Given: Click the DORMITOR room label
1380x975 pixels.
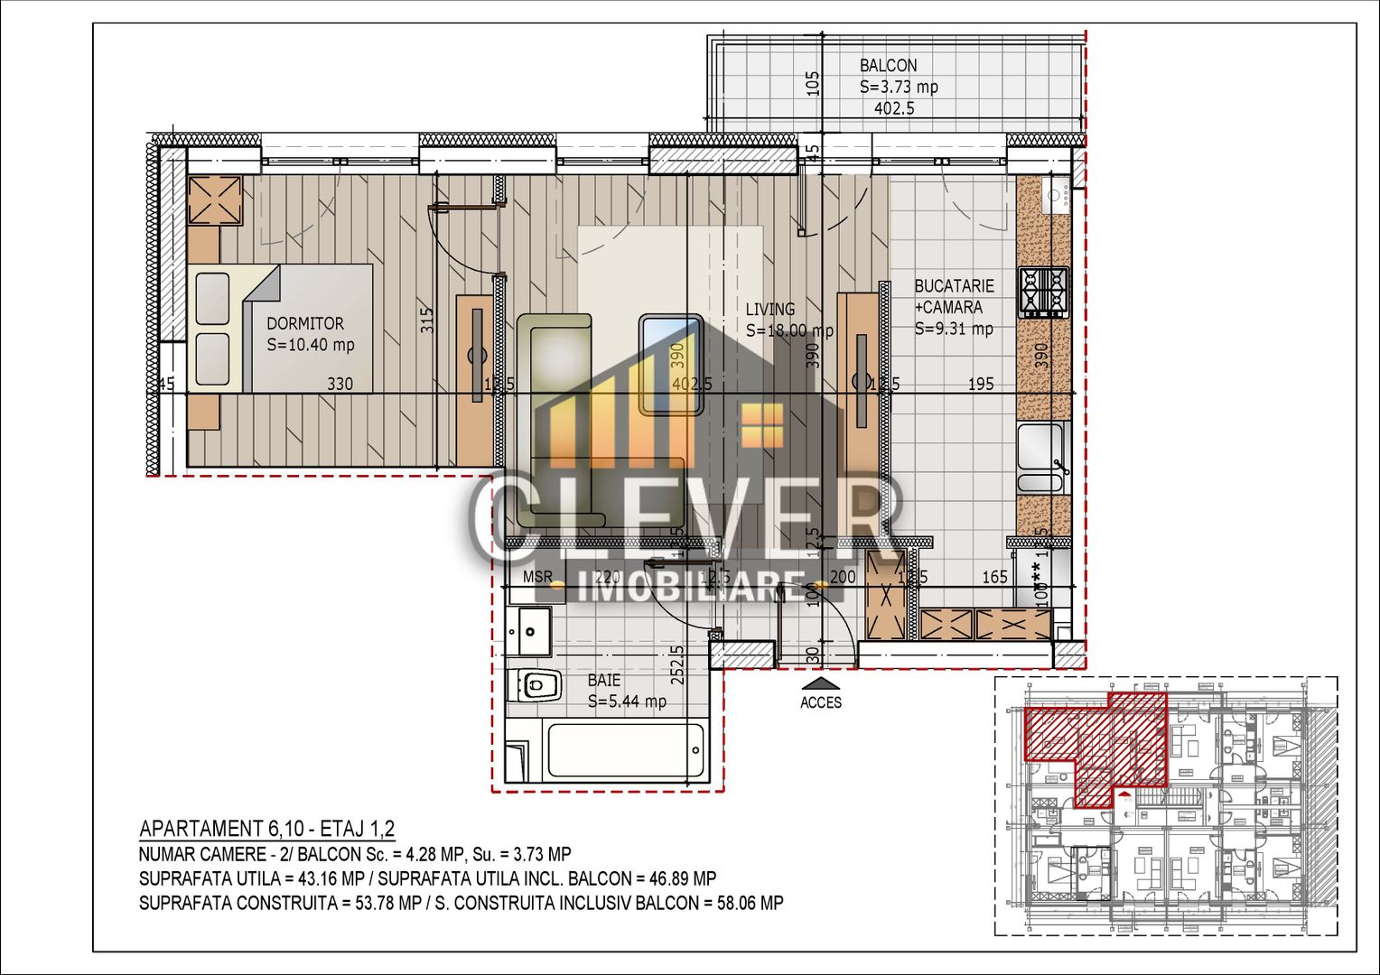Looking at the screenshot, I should click(x=304, y=323).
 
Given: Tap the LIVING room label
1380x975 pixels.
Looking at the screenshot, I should click(x=769, y=310).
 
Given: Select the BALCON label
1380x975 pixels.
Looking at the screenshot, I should click(x=888, y=66).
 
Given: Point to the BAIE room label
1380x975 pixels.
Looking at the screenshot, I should click(x=604, y=680).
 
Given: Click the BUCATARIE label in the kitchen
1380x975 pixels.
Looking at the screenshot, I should click(x=954, y=286).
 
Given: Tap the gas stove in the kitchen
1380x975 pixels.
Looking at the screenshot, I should click(x=1043, y=292).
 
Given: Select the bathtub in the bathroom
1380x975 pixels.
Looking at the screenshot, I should click(x=625, y=750).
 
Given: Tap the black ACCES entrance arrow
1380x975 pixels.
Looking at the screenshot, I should click(x=820, y=683).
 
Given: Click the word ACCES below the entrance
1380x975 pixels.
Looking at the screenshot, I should click(x=820, y=702).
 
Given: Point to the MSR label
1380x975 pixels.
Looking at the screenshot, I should click(x=537, y=577).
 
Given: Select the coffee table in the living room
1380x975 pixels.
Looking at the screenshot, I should click(x=671, y=364).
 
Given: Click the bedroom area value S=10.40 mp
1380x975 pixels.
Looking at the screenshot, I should click(x=311, y=345).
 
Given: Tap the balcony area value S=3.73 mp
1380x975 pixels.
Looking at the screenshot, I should click(x=899, y=88).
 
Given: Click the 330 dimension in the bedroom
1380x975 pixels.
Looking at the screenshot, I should click(x=340, y=384).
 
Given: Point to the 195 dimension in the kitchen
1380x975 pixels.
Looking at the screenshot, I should click(x=981, y=384).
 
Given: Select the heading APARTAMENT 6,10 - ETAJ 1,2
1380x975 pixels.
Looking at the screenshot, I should click(x=266, y=829).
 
